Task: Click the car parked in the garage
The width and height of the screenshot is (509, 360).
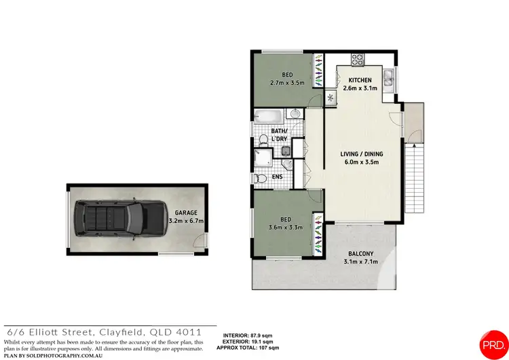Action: pyautogui.click(x=112, y=219)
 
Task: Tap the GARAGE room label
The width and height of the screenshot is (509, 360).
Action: pyautogui.click(x=187, y=212)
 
